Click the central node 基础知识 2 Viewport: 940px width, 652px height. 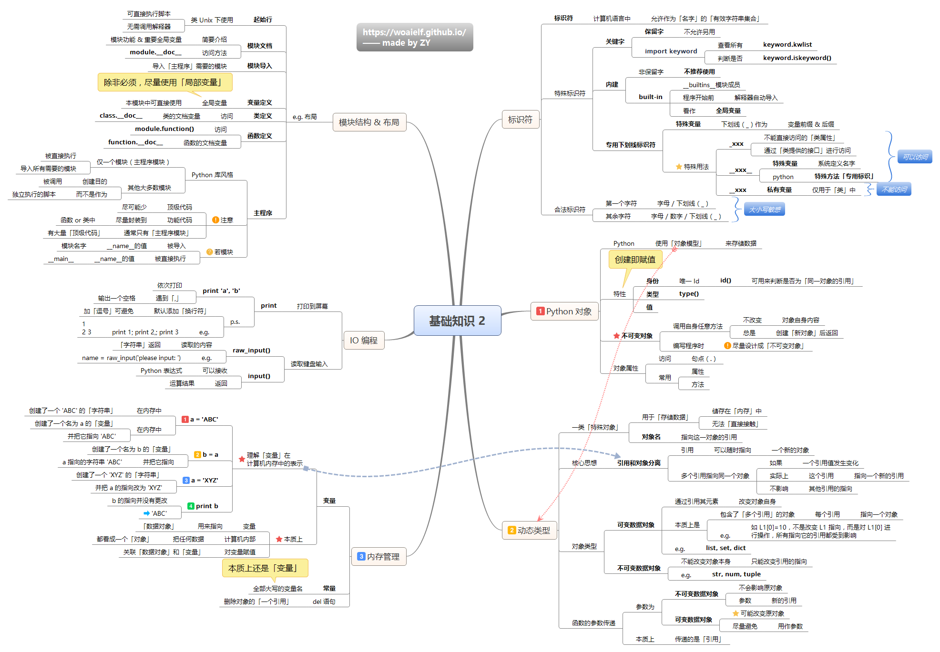457,321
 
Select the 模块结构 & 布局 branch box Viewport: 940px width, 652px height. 369,122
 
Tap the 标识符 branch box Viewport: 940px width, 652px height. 520,120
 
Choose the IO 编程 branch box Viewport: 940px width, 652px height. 364,341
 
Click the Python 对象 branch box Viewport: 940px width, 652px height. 564,311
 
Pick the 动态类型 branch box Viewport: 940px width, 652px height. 530,530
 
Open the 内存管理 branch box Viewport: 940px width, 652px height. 379,556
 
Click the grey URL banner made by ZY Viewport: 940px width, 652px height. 415,37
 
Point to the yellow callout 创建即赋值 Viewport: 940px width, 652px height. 635,260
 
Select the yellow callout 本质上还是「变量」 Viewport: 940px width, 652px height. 265,568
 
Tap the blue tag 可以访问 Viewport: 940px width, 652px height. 915,157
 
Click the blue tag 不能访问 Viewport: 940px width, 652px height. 894,190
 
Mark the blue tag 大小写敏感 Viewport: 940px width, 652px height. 765,210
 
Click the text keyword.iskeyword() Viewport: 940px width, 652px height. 797,58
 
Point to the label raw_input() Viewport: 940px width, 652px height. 251,351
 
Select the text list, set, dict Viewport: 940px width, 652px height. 725,548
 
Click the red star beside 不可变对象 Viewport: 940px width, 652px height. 616,336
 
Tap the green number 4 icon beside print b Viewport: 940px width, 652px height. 191,506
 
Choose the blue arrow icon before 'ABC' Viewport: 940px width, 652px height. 147,513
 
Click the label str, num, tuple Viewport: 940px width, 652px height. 736,574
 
